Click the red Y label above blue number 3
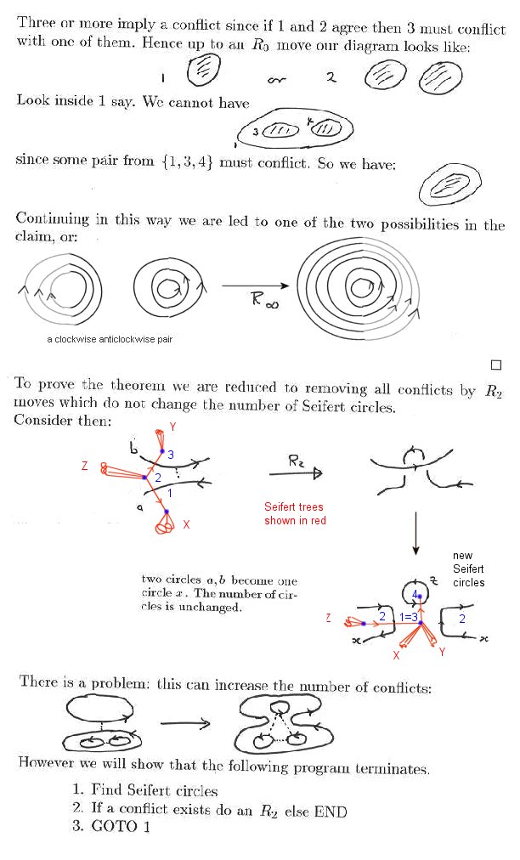pyautogui.click(x=172, y=426)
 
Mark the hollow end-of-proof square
pyautogui.click(x=497, y=365)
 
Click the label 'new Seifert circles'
pyautogui.click(x=468, y=569)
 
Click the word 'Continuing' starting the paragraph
pyautogui.click(x=54, y=218)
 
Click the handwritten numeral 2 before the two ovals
pyautogui.click(x=331, y=78)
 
